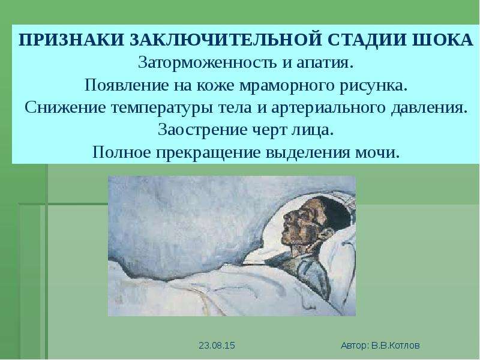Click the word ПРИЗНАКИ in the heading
(71, 40)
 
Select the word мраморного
(287, 86)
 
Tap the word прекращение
(208, 153)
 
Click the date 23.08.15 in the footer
(217, 346)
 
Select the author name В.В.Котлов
(395, 346)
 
